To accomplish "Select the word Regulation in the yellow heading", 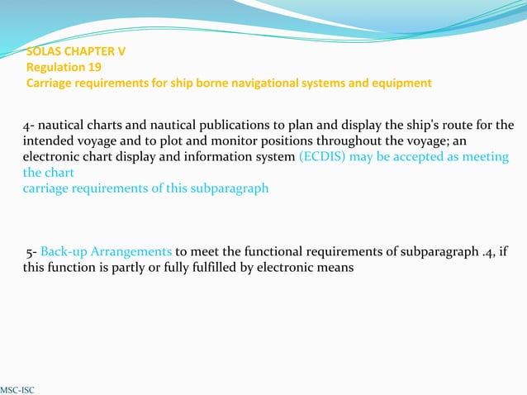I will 56,67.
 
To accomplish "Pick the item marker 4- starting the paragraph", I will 28,126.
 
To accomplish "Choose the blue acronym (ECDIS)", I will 322,156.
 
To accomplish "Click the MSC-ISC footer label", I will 17,388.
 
